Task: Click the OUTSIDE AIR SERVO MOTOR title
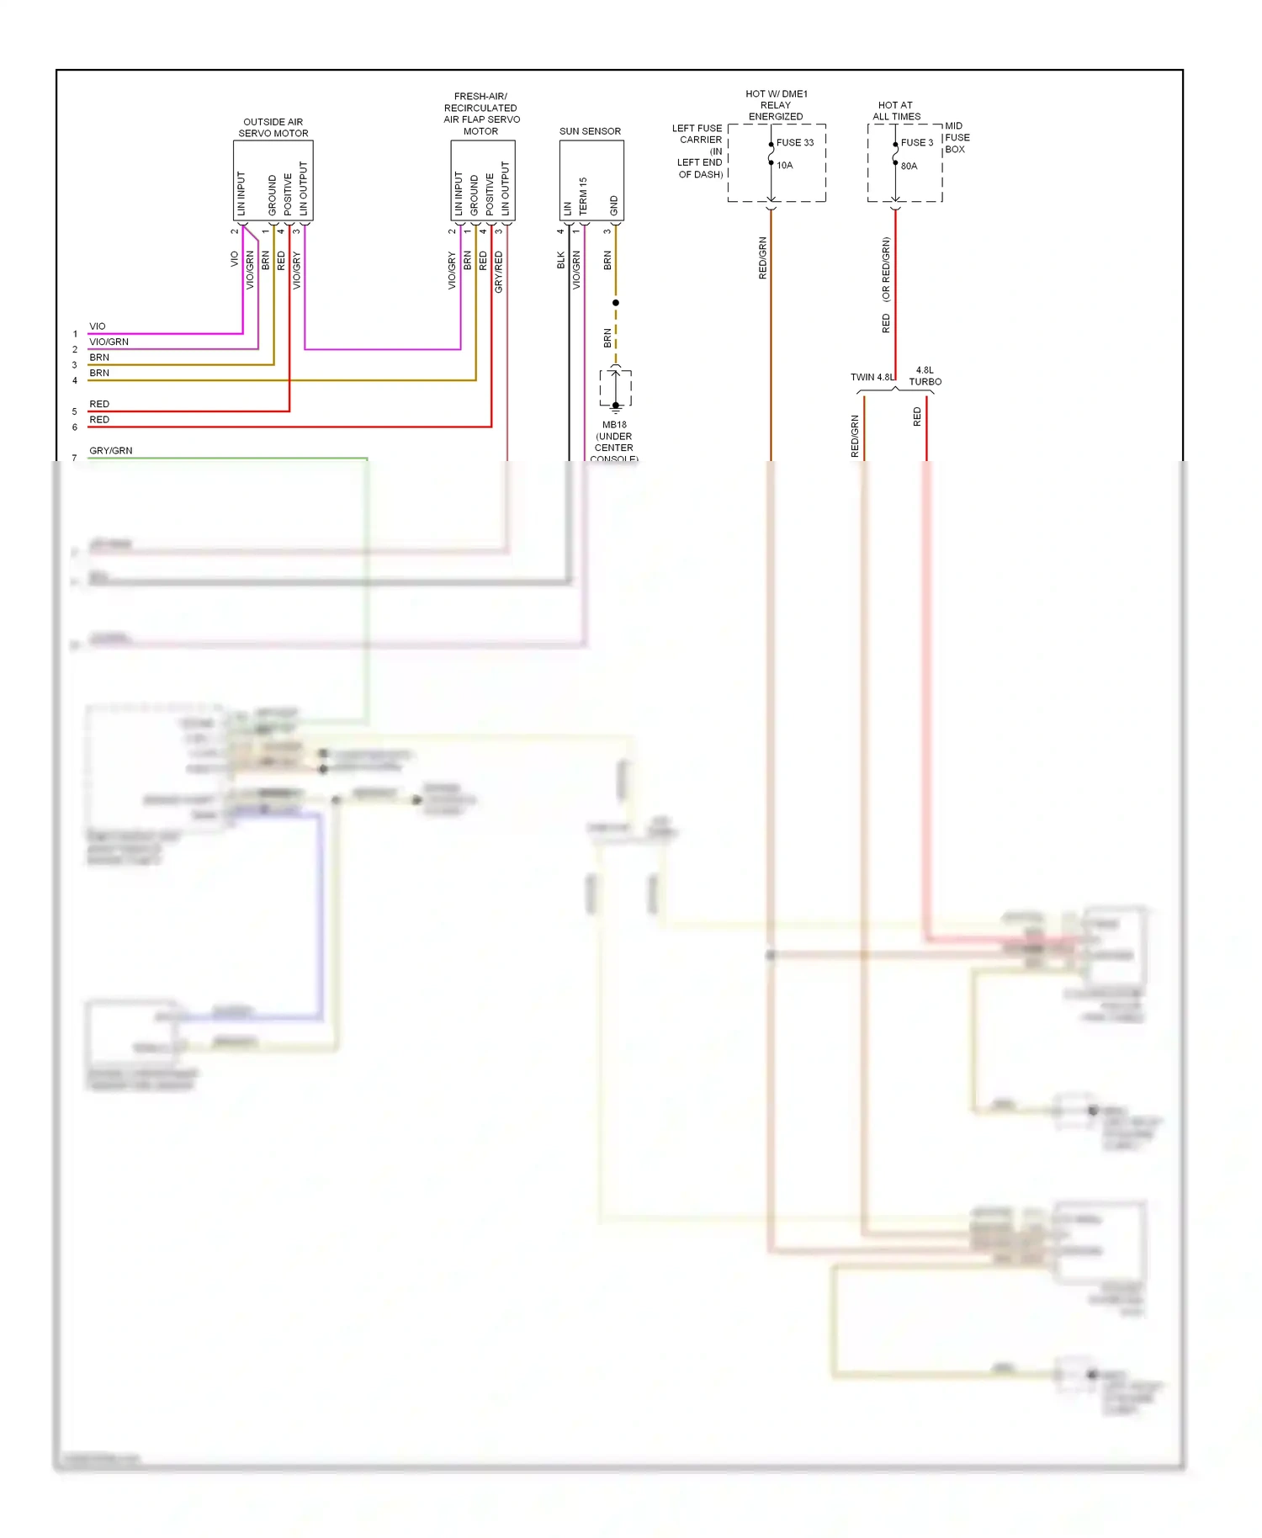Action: tap(273, 128)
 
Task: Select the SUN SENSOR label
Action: tap(590, 131)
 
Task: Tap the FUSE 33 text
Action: tap(794, 143)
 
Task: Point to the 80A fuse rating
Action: tap(909, 167)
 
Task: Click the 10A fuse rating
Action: tap(784, 166)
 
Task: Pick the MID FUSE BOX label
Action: tap(957, 138)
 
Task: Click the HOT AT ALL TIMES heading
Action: tap(896, 111)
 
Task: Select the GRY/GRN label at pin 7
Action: tap(110, 451)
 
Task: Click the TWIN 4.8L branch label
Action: tap(872, 378)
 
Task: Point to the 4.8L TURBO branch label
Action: tap(925, 376)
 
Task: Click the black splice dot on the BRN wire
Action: tap(616, 303)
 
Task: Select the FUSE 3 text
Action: tap(916, 143)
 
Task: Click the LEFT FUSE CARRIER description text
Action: tap(699, 151)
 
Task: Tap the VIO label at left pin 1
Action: tap(98, 326)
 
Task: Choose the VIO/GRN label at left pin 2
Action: tap(109, 342)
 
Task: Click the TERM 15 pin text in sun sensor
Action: tap(583, 195)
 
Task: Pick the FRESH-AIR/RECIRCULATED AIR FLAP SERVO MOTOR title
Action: tap(481, 114)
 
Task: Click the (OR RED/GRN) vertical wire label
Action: tap(886, 269)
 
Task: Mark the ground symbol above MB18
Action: tap(616, 406)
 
